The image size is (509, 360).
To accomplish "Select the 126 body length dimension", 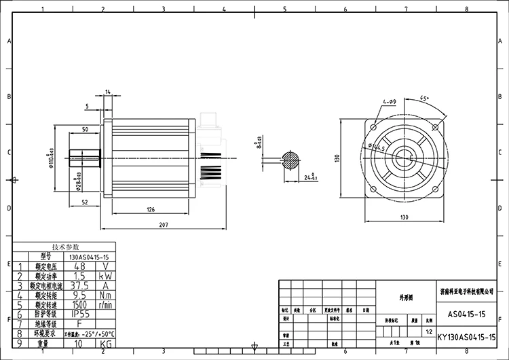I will (150, 210).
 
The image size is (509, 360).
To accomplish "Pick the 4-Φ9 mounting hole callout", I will (389, 101).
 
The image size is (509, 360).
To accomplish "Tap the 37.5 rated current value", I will (80, 286).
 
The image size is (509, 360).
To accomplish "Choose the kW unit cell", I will (106, 276).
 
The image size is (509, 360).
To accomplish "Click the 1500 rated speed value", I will (80, 305).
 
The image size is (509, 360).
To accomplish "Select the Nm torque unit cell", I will (106, 295).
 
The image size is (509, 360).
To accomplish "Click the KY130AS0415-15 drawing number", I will (467, 337).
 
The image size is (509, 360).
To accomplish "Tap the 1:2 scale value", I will (428, 332).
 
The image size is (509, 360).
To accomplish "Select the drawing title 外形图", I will (405, 297).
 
